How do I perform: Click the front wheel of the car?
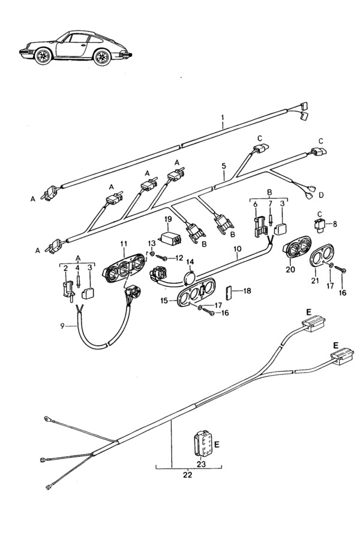(x=43, y=56)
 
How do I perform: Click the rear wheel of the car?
(x=102, y=57)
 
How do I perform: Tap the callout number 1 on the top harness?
(x=223, y=118)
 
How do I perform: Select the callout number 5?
(x=224, y=166)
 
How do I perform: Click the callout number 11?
(x=124, y=244)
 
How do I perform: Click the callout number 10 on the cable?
(x=237, y=248)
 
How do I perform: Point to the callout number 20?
(x=290, y=269)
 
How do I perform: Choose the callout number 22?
(x=187, y=475)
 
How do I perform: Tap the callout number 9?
(x=62, y=326)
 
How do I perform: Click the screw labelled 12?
(x=161, y=257)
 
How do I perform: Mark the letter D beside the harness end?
(x=321, y=195)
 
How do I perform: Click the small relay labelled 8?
(x=319, y=224)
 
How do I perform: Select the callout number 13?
(x=152, y=244)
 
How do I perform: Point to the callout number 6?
(x=255, y=204)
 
